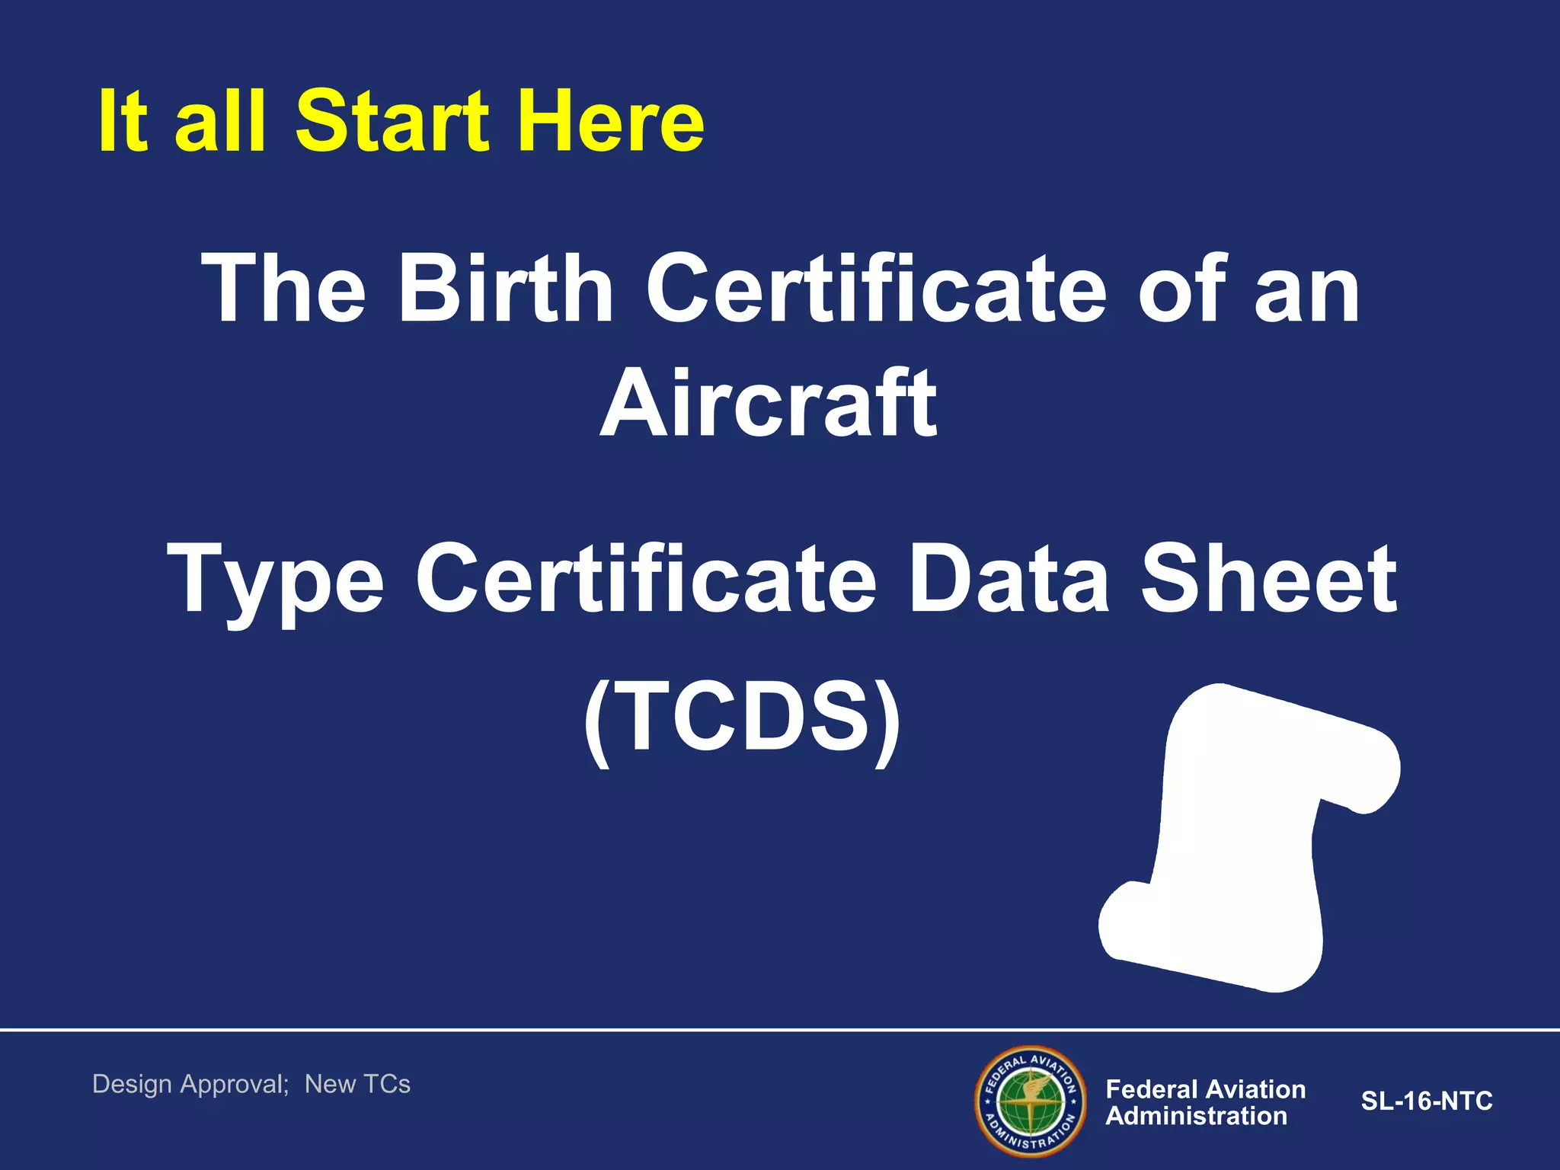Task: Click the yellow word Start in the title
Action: (392, 122)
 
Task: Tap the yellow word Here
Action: (612, 122)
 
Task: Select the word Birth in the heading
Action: (505, 289)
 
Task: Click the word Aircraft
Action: (769, 404)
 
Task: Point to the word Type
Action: (275, 580)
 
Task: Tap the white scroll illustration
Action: (1249, 838)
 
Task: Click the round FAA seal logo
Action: (1031, 1101)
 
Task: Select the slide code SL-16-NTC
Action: (1427, 1101)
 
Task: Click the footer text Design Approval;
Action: (190, 1084)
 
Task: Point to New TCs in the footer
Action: (357, 1084)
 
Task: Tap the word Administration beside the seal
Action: (1196, 1116)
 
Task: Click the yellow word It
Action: (123, 122)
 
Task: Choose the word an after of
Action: (1307, 289)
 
